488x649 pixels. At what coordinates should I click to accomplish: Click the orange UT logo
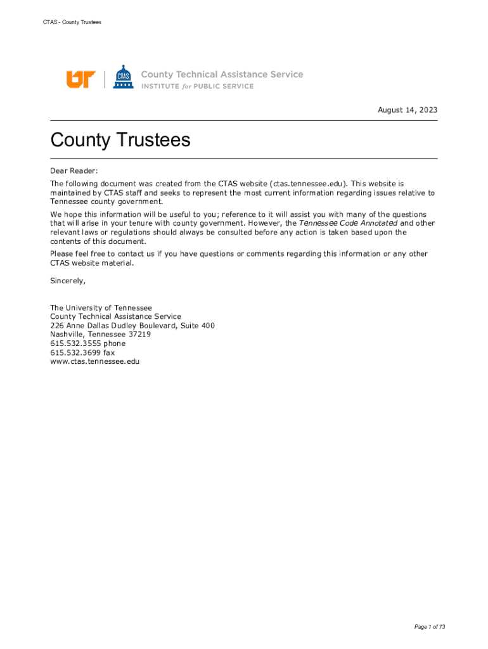click(x=80, y=79)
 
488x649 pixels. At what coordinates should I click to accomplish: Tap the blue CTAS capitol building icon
click(x=122, y=77)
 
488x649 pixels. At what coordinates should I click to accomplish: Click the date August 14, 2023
click(x=408, y=110)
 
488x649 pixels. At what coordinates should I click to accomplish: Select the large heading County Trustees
click(x=120, y=139)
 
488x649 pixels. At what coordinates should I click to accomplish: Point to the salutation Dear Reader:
click(x=74, y=170)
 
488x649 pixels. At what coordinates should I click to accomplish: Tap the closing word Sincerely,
click(x=68, y=280)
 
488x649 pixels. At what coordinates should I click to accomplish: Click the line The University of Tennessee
click(x=101, y=307)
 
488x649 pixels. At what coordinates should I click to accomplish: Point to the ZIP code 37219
click(x=139, y=335)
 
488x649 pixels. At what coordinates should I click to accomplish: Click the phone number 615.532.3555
click(x=75, y=344)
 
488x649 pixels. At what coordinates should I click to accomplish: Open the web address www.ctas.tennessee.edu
click(x=94, y=361)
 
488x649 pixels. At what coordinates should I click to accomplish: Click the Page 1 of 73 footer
click(x=430, y=627)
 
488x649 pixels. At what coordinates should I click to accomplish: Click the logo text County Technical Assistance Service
click(x=222, y=74)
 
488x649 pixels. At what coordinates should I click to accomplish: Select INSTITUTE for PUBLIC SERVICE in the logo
click(x=197, y=87)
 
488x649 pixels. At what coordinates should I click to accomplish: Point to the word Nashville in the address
click(x=67, y=335)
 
